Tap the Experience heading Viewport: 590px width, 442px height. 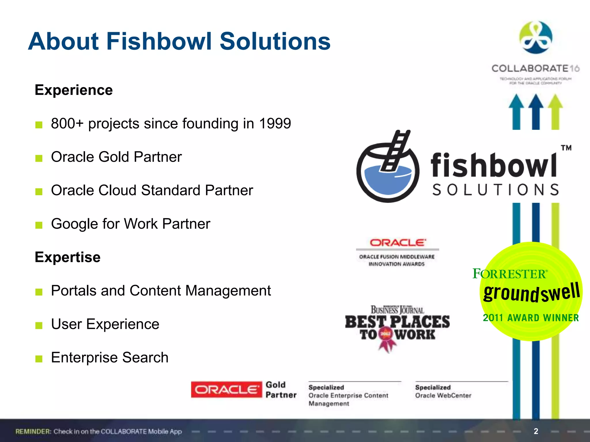pyautogui.click(x=74, y=90)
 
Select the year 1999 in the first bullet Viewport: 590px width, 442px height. pyautogui.click(x=275, y=123)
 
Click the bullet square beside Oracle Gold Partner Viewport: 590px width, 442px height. pyautogui.click(x=39, y=158)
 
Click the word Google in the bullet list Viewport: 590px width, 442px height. pyautogui.click(x=75, y=224)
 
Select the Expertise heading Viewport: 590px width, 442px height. pyautogui.click(x=68, y=257)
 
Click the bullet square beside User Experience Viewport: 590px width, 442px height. pyautogui.click(x=39, y=325)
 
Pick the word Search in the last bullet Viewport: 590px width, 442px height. pyautogui.click(x=145, y=357)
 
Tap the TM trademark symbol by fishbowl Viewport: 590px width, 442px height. pyautogui.click(x=566, y=148)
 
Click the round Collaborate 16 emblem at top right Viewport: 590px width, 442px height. pyautogui.click(x=536, y=37)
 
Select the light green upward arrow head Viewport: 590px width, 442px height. pyautogui.click(x=555, y=102)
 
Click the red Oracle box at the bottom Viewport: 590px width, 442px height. pyautogui.click(x=226, y=390)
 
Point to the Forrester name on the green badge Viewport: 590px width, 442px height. pyautogui.click(x=510, y=274)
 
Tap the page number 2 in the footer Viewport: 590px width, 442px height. pyautogui.click(x=536, y=431)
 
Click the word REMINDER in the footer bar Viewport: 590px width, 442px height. pyautogui.click(x=33, y=431)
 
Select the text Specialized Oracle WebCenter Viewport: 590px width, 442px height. pyautogui.click(x=443, y=391)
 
